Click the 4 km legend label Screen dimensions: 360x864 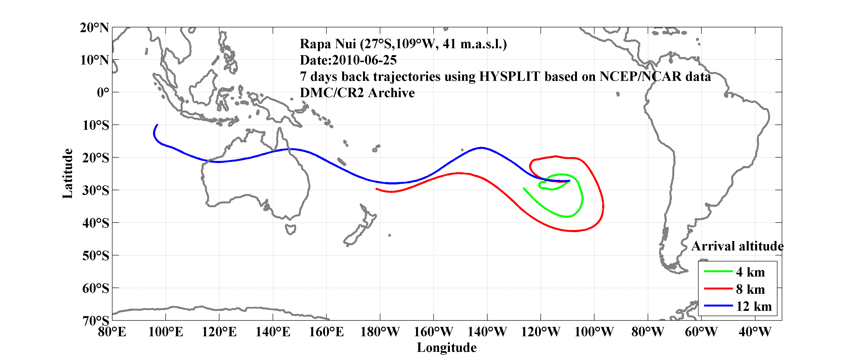coord(750,272)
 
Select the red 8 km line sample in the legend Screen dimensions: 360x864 coord(718,289)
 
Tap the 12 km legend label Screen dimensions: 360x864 coord(754,306)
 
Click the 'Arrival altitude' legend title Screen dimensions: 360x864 coord(737,246)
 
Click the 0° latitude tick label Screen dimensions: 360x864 coord(103,92)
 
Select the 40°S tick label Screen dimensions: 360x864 coord(96,223)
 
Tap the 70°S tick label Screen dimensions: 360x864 coord(96,320)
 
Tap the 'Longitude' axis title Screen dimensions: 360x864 coord(447,348)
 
